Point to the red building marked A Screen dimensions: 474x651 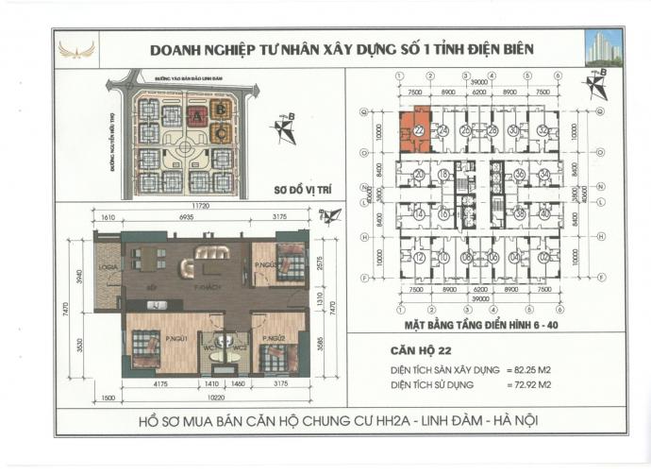coord(196,116)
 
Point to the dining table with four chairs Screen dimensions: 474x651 coord(145,259)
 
